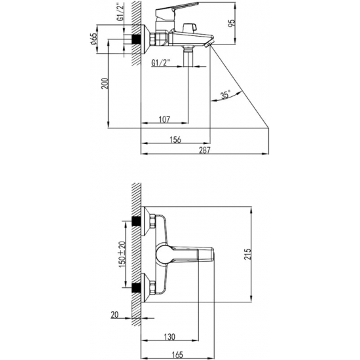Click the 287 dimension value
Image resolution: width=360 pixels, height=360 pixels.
tap(204, 150)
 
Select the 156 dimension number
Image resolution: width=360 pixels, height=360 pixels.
tap(175, 139)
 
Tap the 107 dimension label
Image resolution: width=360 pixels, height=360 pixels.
tap(164, 120)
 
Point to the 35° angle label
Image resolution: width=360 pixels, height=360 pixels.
tap(225, 95)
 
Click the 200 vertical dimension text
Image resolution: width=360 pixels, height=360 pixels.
tap(105, 84)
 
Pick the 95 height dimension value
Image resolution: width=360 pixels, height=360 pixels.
tap(232, 23)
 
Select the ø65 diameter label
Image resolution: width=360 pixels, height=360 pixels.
tap(94, 39)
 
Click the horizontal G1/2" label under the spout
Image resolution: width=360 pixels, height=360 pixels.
tap(160, 63)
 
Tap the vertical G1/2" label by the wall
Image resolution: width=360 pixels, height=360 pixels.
tap(120, 12)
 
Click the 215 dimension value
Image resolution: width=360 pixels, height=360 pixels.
tap(247, 254)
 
